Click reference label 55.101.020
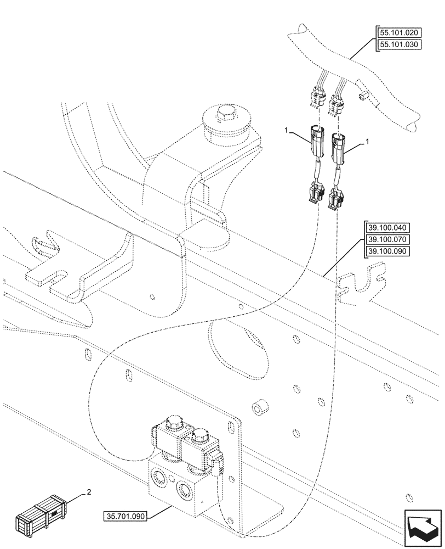pyautogui.click(x=399, y=32)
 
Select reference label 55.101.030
pyautogui.click(x=399, y=44)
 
